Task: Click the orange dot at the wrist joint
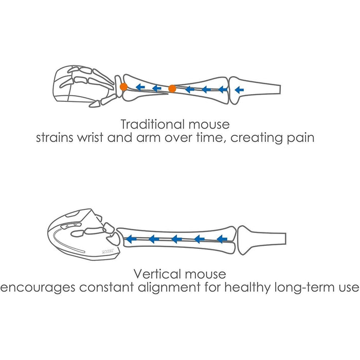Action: tap(123, 87)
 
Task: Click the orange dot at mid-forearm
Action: tap(172, 89)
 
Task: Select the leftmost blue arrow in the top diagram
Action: tap(139, 87)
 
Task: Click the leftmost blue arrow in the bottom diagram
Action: tap(131, 239)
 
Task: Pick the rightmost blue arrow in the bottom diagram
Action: tap(222, 239)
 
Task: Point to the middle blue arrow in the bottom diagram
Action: tap(176, 239)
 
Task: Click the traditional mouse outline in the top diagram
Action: tap(69, 85)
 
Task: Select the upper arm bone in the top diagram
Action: tap(257, 88)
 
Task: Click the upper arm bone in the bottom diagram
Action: tap(262, 239)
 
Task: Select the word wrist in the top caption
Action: tap(88, 138)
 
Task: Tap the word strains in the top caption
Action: tap(53, 138)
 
